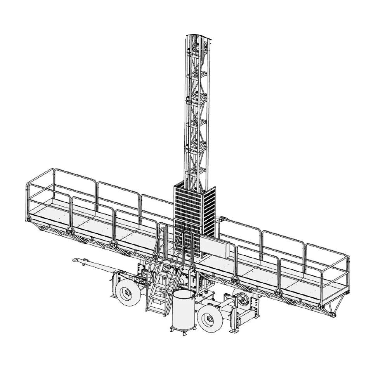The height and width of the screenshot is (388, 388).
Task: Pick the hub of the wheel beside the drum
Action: (x=210, y=319)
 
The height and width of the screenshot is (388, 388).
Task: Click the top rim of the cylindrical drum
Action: (x=184, y=293)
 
